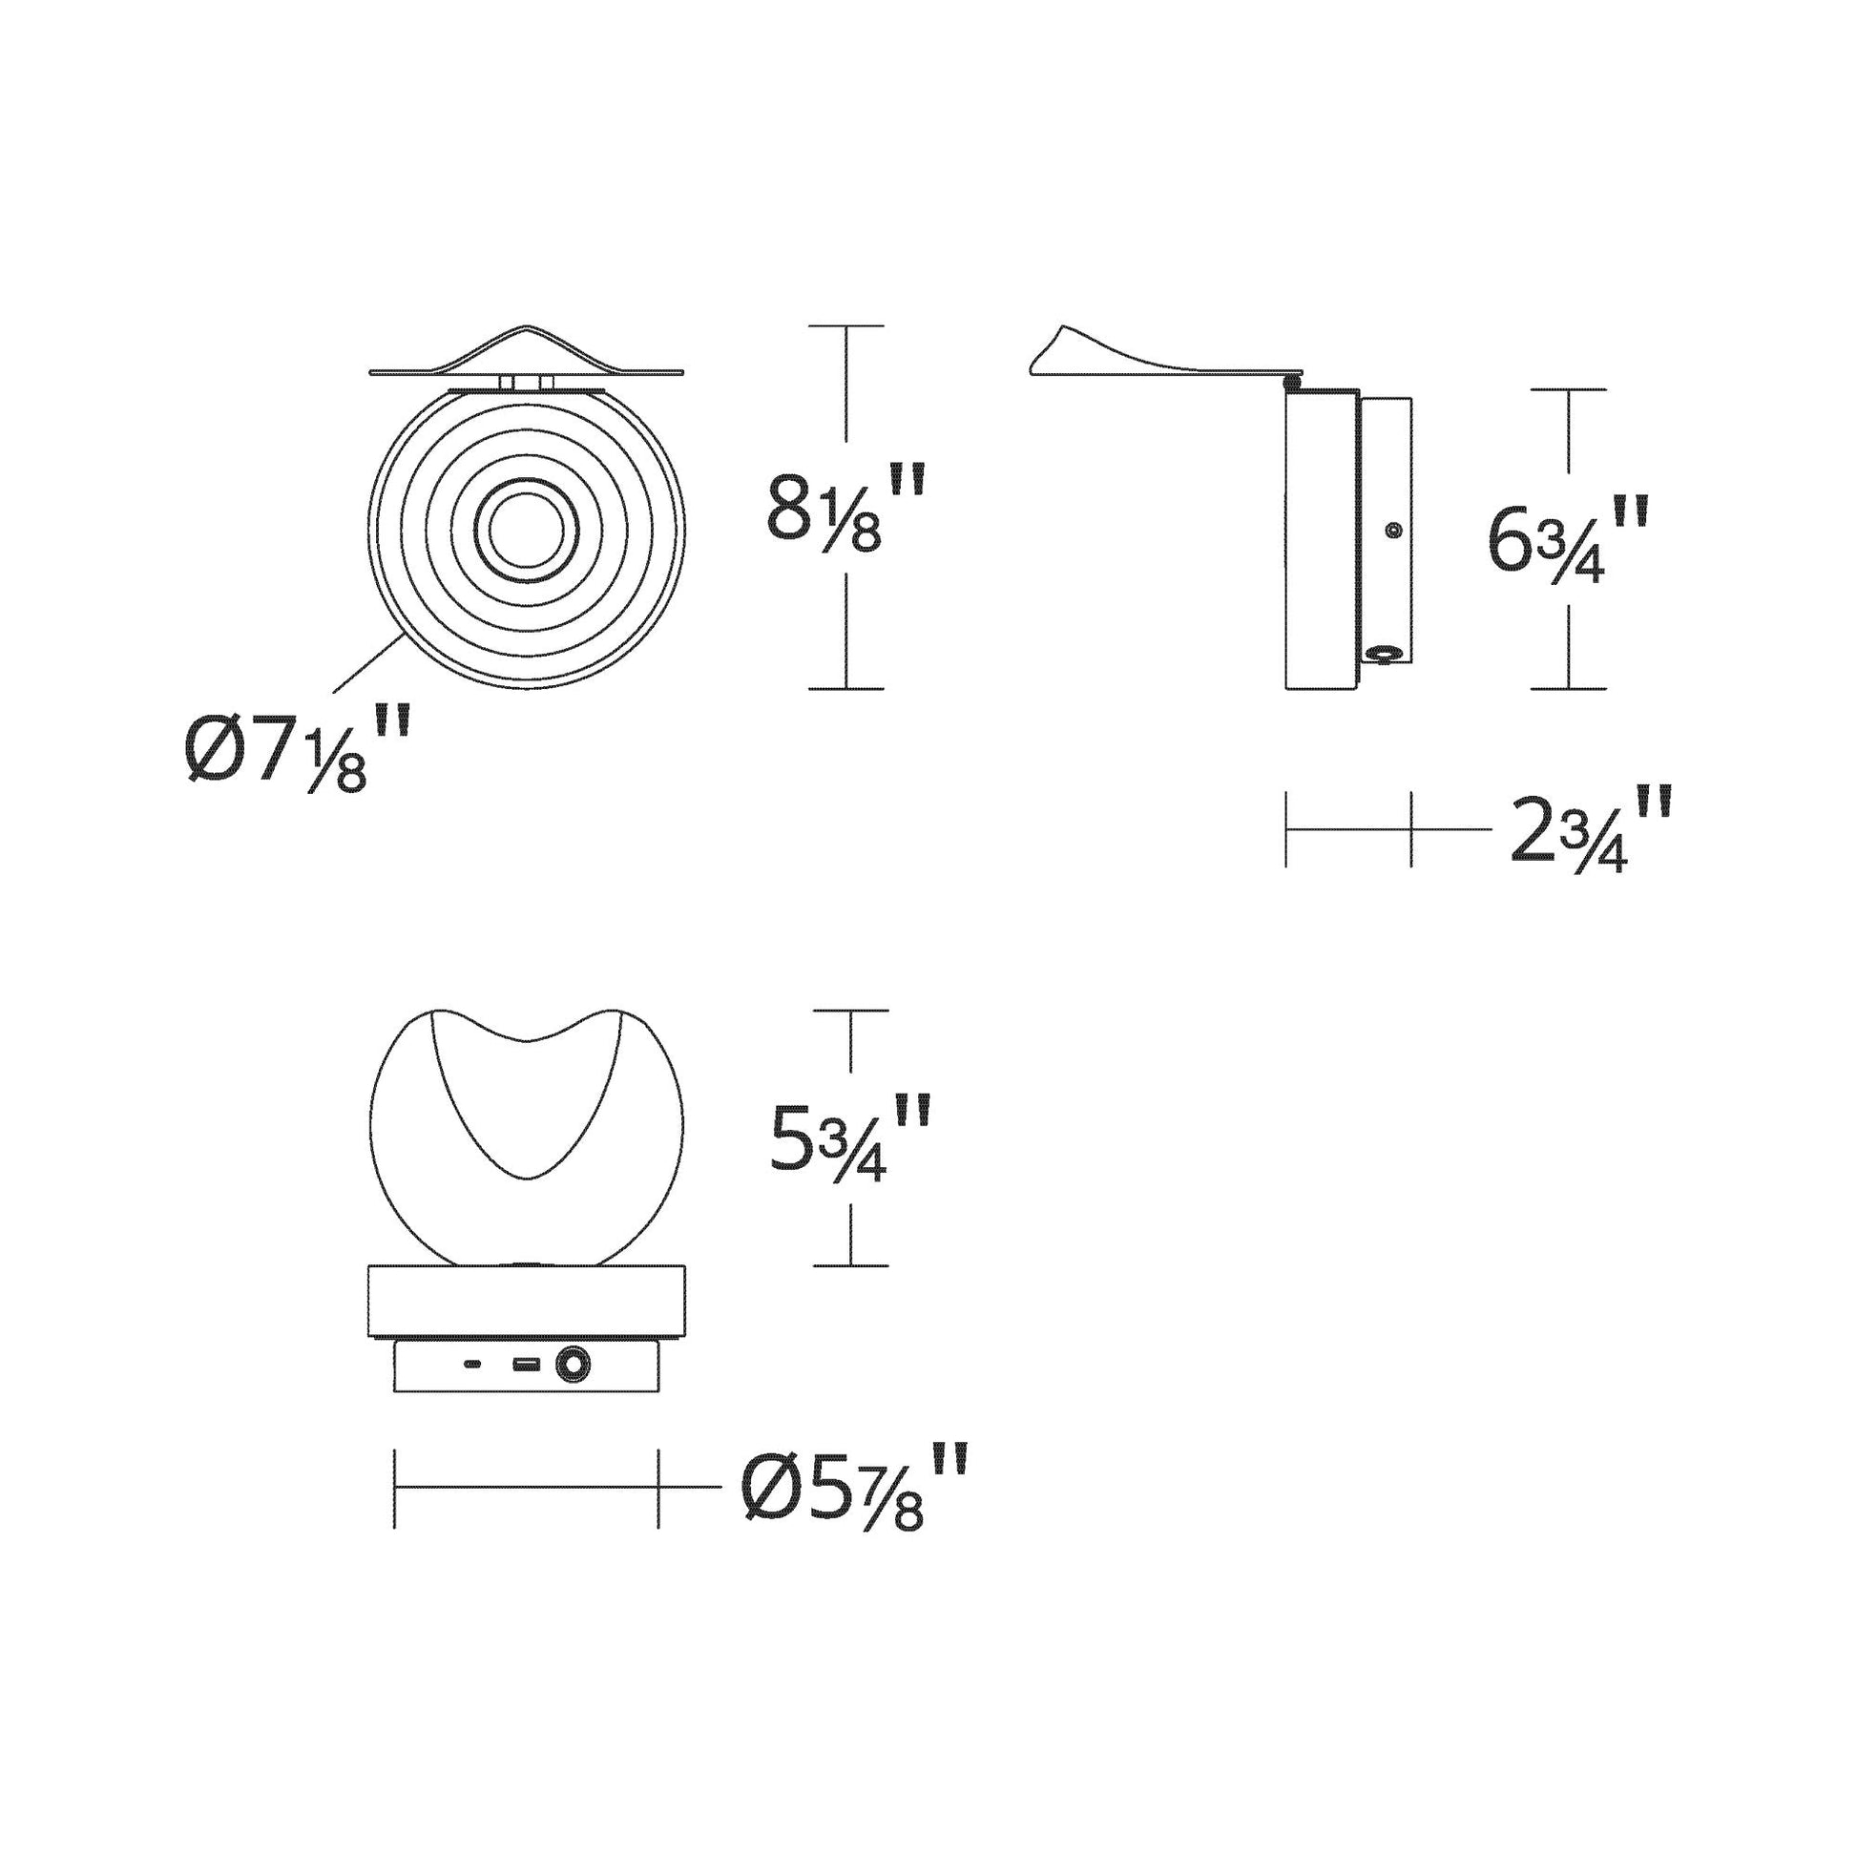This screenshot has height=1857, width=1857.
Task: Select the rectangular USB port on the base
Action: tap(524, 1364)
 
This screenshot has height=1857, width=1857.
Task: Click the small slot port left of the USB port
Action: tap(473, 1364)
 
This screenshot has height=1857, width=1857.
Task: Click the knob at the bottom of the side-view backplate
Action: tap(1382, 655)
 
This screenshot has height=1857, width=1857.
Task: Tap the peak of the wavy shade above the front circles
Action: tap(526, 329)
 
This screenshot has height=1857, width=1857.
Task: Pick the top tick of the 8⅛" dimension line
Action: tap(845, 326)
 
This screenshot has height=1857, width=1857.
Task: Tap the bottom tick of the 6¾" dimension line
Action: tap(1569, 688)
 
